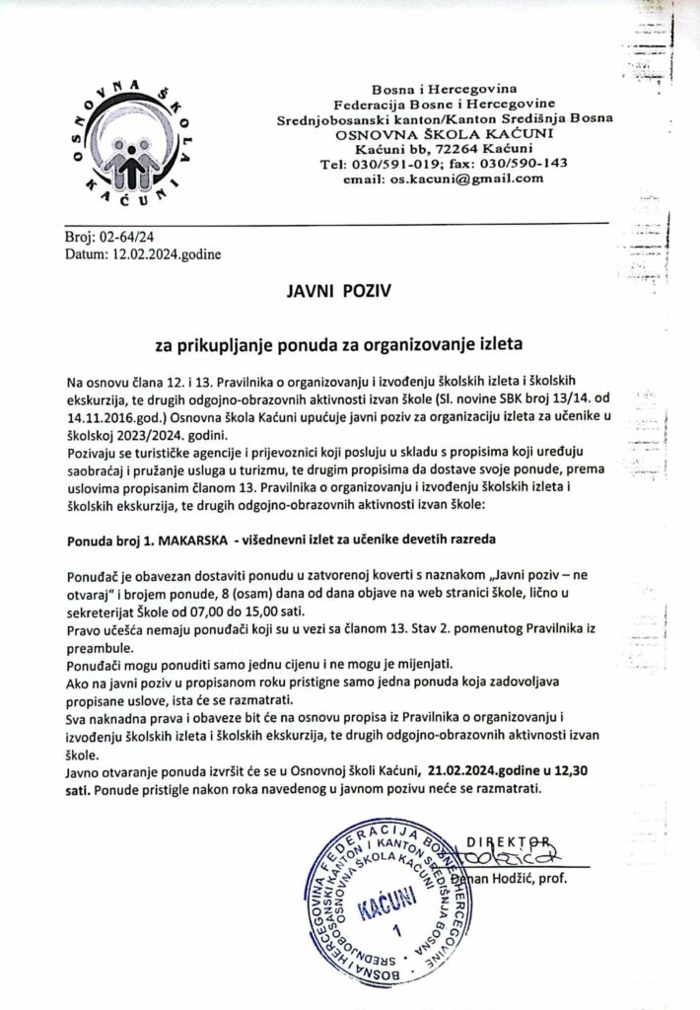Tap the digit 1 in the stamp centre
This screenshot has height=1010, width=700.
(397, 931)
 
